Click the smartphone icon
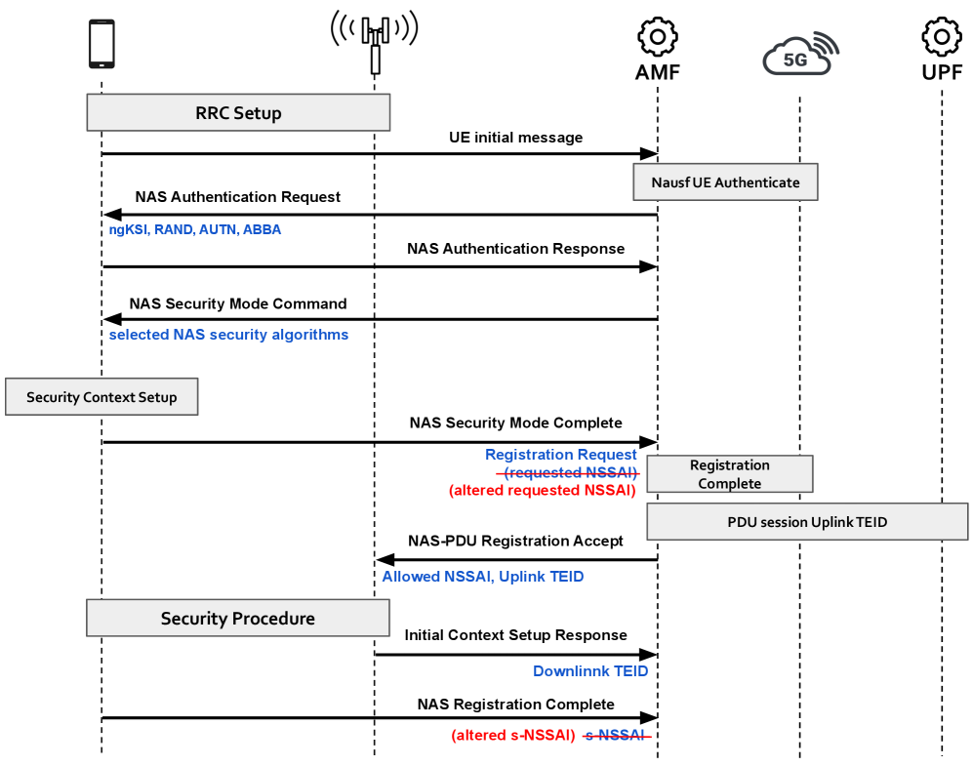[x=101, y=45]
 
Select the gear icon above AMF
[x=657, y=37]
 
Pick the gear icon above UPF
[x=942, y=37]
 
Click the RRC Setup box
[x=238, y=112]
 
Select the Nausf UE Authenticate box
[x=725, y=182]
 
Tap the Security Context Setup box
[x=101, y=397]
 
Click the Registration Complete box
[x=729, y=474]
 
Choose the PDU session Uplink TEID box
[x=807, y=522]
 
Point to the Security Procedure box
[x=238, y=619]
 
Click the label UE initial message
[x=515, y=138]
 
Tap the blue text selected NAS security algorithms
[x=228, y=335]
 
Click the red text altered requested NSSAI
[x=543, y=491]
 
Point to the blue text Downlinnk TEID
[x=590, y=671]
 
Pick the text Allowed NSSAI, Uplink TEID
[x=482, y=577]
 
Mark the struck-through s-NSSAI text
[x=617, y=736]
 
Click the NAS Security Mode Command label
[x=237, y=303]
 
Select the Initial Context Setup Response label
[x=515, y=635]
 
